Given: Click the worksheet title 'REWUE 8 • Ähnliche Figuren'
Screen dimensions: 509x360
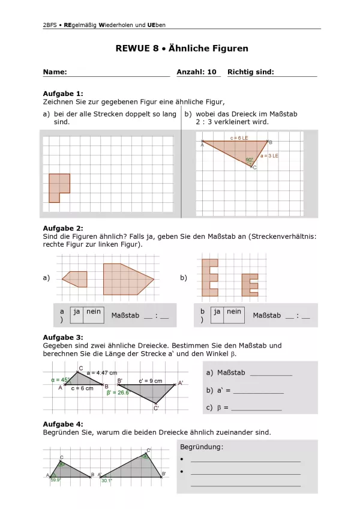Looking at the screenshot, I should [x=182, y=49].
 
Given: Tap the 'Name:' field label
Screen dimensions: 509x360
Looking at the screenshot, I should [x=55, y=72].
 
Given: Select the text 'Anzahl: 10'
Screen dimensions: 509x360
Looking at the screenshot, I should [x=196, y=72].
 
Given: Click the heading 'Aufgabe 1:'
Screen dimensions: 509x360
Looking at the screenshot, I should [x=63, y=94].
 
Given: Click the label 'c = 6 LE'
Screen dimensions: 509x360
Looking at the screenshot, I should [x=239, y=138].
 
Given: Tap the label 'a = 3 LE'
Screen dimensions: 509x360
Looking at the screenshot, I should [x=269, y=155].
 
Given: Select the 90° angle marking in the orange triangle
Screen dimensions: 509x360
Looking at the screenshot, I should [x=250, y=160].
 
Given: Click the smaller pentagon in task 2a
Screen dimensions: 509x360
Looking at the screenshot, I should [x=76, y=279].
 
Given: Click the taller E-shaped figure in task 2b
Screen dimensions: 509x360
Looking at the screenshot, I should [x=209, y=277].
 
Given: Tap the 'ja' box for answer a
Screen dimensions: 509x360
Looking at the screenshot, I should [x=77, y=312].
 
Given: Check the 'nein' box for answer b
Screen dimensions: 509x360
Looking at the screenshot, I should [x=234, y=312].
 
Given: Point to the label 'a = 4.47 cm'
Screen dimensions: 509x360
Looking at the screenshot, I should [x=102, y=373].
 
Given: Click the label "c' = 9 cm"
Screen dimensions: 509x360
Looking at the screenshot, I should [x=150, y=381].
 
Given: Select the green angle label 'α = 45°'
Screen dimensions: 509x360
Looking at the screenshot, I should [x=61, y=379].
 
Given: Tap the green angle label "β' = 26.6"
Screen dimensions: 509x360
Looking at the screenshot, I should [x=118, y=393].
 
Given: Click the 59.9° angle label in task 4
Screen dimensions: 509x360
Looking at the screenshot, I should [x=55, y=480].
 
